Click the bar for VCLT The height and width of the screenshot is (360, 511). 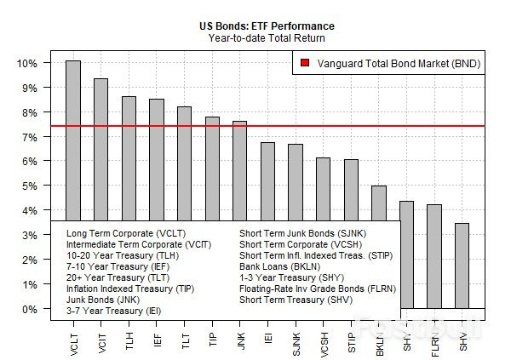click(x=73, y=140)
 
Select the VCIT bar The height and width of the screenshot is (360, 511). click(x=100, y=149)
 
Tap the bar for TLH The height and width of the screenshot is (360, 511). click(x=129, y=157)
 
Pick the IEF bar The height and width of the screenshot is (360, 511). click(x=157, y=159)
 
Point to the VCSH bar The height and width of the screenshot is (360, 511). click(x=323, y=188)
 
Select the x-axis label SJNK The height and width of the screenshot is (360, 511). click(x=296, y=337)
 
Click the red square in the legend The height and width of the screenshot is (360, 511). click(x=306, y=63)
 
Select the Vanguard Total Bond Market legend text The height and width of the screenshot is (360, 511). click(x=396, y=63)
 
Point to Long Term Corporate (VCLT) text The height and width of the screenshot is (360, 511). click(x=125, y=233)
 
